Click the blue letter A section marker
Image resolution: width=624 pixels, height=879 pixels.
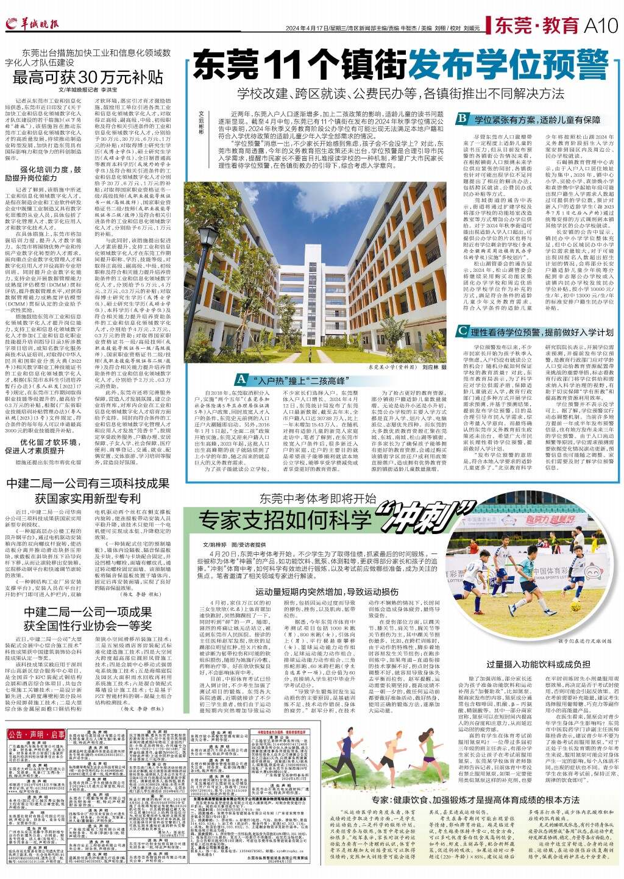click(x=241, y=379)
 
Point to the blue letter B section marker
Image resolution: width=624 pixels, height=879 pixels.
click(x=463, y=119)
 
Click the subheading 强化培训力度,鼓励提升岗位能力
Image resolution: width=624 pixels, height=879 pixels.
click(x=51, y=174)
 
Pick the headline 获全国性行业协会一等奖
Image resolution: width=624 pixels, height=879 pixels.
click(x=88, y=625)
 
